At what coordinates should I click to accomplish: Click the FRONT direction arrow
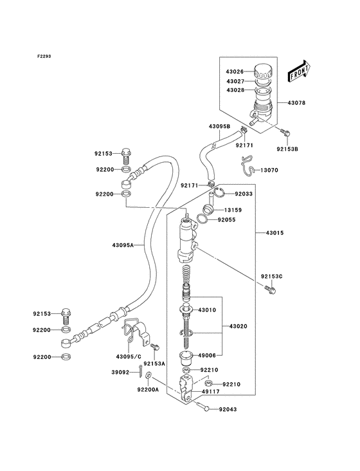point(300,67)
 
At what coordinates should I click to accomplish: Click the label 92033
point(244,193)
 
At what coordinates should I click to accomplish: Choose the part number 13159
point(233,210)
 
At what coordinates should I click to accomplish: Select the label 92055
point(227,219)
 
